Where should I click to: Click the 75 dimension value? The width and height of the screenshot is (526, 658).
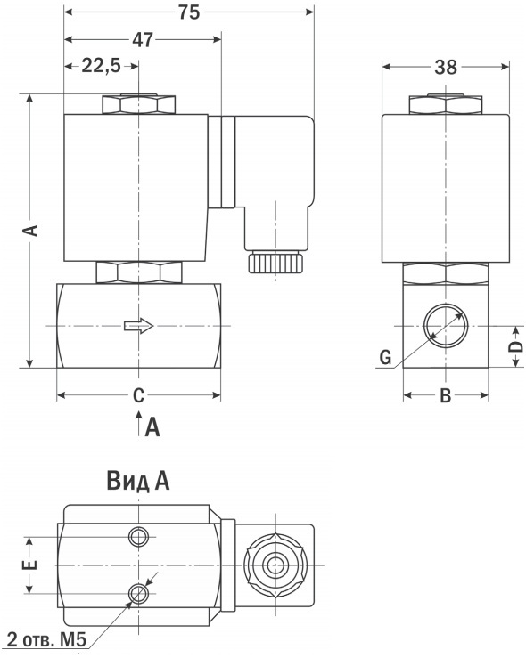(x=189, y=12)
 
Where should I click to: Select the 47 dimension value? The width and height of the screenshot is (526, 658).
(x=143, y=40)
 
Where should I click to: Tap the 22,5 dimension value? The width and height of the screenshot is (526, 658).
(x=101, y=66)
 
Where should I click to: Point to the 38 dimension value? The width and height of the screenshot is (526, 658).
(x=446, y=67)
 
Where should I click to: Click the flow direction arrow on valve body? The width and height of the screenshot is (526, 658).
(x=139, y=326)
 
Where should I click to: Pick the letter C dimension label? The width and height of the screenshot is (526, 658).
(x=138, y=394)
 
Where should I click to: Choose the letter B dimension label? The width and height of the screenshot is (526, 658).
(x=445, y=394)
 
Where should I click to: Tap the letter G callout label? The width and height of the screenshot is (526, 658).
(x=385, y=358)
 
